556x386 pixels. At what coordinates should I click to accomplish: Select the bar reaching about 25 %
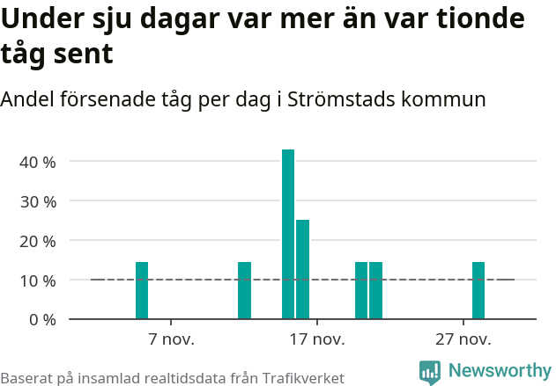(302, 269)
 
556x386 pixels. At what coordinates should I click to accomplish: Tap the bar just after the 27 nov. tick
(478, 290)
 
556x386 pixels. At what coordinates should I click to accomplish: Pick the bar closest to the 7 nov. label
(142, 290)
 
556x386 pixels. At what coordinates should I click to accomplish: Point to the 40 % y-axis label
(38, 162)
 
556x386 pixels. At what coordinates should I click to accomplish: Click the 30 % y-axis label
(38, 201)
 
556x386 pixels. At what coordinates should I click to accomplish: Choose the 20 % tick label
(38, 241)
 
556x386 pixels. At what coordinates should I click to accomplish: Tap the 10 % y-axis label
(38, 280)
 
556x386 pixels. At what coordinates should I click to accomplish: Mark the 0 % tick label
(42, 319)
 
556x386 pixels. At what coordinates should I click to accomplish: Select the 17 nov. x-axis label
(316, 339)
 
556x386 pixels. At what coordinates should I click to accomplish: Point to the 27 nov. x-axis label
(463, 339)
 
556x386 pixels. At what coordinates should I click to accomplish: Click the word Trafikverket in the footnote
(296, 377)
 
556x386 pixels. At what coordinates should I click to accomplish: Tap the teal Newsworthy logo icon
(430, 372)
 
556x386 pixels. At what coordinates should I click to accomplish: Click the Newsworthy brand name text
(499, 371)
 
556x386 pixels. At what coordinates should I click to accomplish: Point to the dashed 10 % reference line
(203, 280)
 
